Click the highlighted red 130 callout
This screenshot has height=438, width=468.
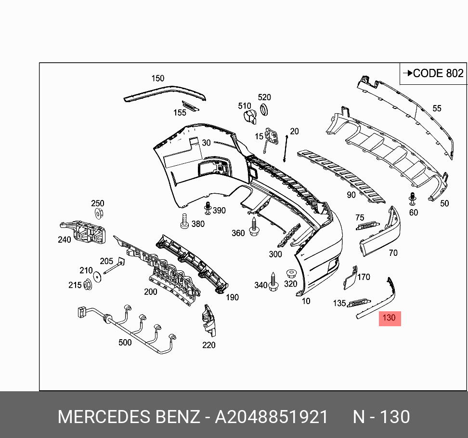(390, 318)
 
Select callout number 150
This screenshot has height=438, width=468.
(157, 79)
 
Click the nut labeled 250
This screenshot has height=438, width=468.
(98, 213)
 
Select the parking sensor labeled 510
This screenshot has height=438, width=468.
(249, 117)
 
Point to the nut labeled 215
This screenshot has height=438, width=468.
(88, 285)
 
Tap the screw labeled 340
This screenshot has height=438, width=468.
(273, 283)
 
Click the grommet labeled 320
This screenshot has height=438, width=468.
(290, 274)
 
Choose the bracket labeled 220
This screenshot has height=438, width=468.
(208, 320)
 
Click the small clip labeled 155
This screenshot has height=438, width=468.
(190, 106)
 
